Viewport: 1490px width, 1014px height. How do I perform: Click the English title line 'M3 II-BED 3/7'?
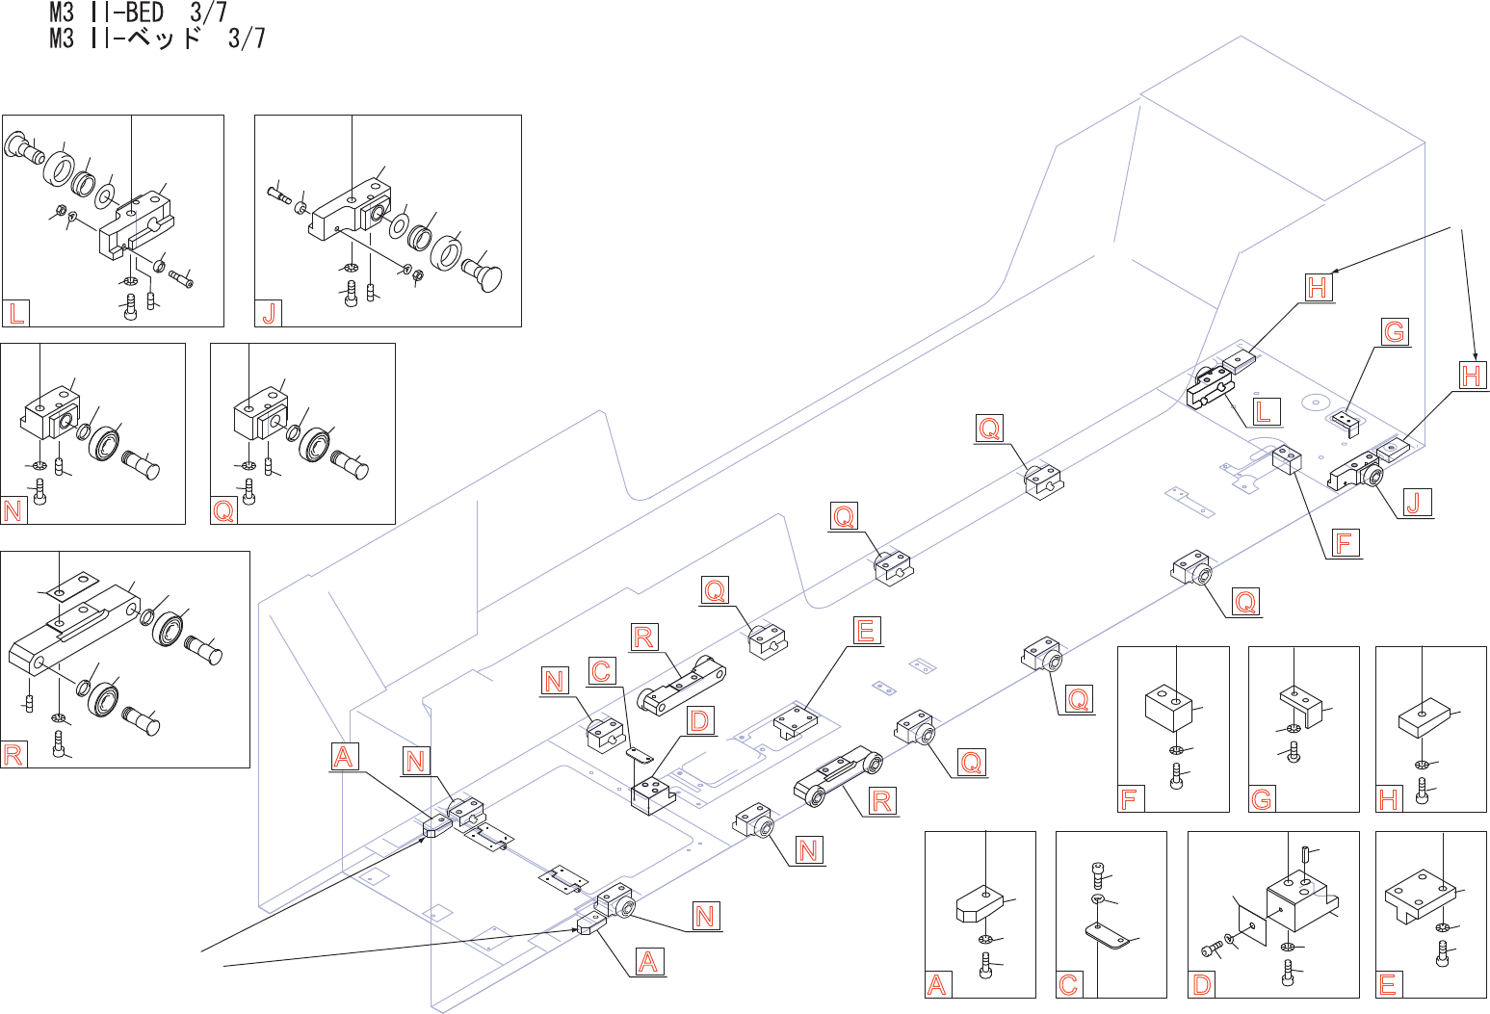click(x=139, y=12)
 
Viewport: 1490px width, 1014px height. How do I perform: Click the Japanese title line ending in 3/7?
click(x=158, y=39)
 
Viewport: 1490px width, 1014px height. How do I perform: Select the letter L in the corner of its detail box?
click(x=16, y=313)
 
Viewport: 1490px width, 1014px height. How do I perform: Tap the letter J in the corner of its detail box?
click(x=269, y=313)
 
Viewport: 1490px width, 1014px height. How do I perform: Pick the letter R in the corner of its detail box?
click(x=13, y=755)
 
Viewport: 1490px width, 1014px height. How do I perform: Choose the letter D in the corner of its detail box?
click(x=1201, y=985)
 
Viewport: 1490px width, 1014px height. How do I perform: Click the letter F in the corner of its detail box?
click(x=1129, y=798)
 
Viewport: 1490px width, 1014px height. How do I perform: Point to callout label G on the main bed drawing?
click(x=1394, y=331)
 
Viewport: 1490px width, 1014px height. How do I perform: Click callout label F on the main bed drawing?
click(x=1343, y=542)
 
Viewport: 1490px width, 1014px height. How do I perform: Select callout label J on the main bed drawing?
click(x=1414, y=502)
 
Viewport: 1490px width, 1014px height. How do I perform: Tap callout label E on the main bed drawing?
click(x=866, y=630)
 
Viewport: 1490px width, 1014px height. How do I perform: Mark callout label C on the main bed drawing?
click(x=601, y=671)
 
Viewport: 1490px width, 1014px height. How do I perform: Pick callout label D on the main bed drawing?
click(x=699, y=720)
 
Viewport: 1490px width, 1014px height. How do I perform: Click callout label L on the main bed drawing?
click(x=1262, y=411)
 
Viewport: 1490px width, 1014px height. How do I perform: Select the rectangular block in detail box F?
click(x=1168, y=709)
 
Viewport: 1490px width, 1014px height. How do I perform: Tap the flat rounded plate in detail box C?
click(x=1108, y=935)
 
